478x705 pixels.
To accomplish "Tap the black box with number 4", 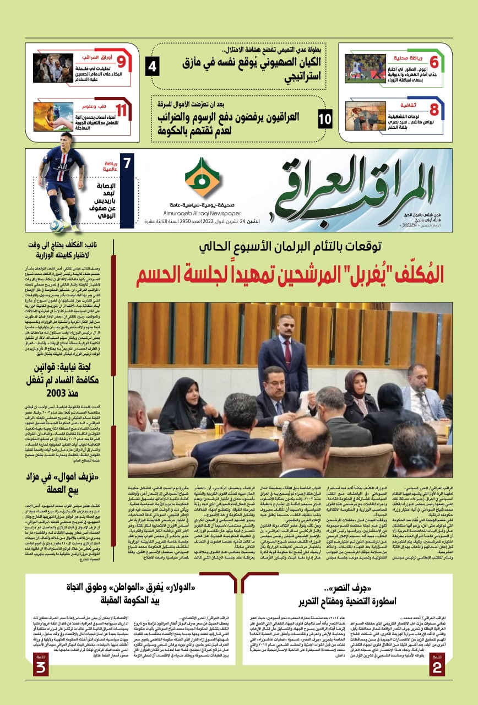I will tap(153, 68).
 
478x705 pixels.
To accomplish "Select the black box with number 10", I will tap(325, 118).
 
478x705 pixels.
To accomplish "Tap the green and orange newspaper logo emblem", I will tap(202, 177).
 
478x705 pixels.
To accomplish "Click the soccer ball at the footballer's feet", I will tap(57, 225).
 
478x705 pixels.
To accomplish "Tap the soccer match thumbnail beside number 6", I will tap(366, 69).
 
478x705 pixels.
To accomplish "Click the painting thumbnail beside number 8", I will tap(366, 116).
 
